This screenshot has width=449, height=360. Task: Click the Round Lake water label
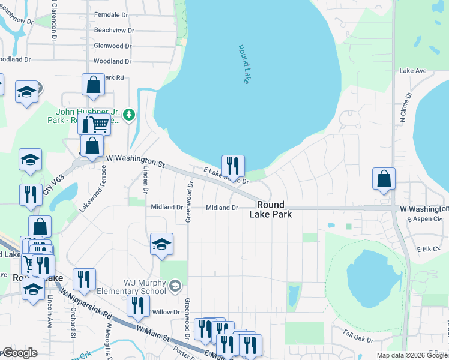click(x=243, y=64)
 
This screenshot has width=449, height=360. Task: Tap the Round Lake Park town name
click(x=271, y=209)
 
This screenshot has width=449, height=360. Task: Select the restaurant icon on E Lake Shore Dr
click(x=233, y=166)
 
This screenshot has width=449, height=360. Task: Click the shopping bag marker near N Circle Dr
click(x=384, y=179)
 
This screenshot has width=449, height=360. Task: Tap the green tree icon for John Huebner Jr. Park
click(x=130, y=114)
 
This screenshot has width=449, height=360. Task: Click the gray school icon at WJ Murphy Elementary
click(x=175, y=284)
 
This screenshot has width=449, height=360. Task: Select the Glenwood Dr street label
click(x=112, y=46)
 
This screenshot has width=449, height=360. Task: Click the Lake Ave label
click(x=413, y=71)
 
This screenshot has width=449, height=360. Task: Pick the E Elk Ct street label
click(x=429, y=248)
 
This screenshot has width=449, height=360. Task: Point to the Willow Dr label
click(x=166, y=312)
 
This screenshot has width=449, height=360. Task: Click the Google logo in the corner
click(x=19, y=353)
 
